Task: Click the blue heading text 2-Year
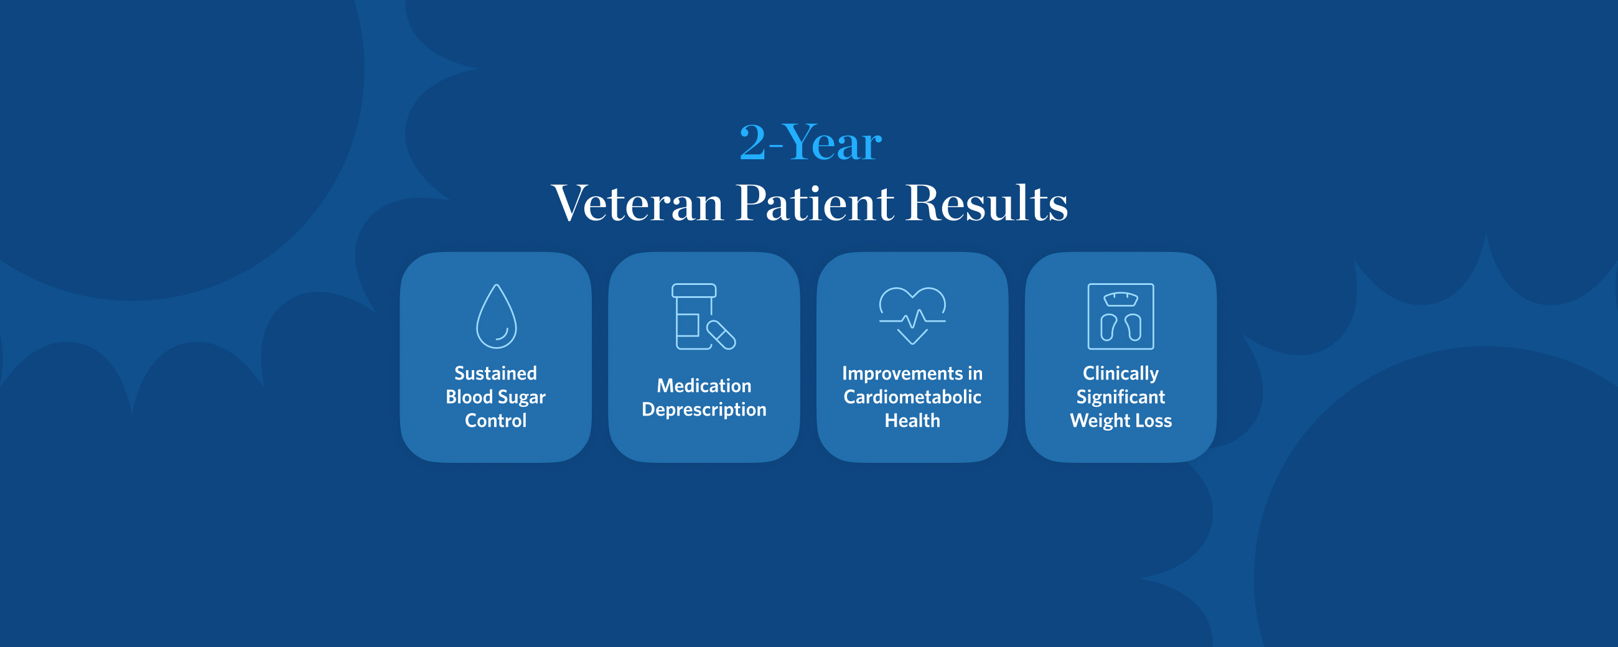(810, 142)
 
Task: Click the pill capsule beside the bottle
(721, 335)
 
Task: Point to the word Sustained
(495, 373)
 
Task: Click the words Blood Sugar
(495, 397)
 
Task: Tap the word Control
(495, 420)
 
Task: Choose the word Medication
(704, 385)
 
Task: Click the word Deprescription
(704, 409)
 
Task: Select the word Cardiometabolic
(912, 397)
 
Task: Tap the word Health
(912, 420)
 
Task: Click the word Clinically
(1121, 374)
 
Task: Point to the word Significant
(1121, 398)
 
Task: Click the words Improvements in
(912, 374)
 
